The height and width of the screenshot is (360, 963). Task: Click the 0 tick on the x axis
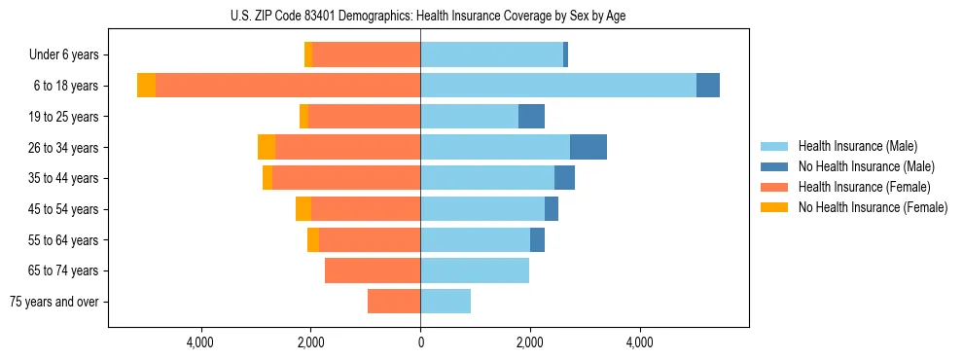[420, 342]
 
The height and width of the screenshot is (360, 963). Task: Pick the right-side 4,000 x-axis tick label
[640, 342]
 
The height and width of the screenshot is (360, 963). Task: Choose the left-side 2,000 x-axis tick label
[310, 342]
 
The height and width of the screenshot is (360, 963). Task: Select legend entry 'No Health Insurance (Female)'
[873, 207]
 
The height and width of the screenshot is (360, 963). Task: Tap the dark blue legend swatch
[774, 166]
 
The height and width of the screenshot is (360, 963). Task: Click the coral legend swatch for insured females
[774, 187]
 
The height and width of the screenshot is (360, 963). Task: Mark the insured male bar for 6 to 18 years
[558, 86]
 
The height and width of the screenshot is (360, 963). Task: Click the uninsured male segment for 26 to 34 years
[588, 147]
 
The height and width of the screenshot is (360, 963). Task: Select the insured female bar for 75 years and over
[394, 302]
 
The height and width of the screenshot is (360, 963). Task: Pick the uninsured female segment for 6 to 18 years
[146, 86]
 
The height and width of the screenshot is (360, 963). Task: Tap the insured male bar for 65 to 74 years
[475, 270]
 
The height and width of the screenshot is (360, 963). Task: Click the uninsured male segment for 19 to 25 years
[531, 117]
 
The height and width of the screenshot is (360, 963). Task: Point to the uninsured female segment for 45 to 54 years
[303, 209]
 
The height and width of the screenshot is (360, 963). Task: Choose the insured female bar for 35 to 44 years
[346, 178]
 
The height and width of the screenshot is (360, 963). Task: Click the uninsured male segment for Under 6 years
[565, 55]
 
